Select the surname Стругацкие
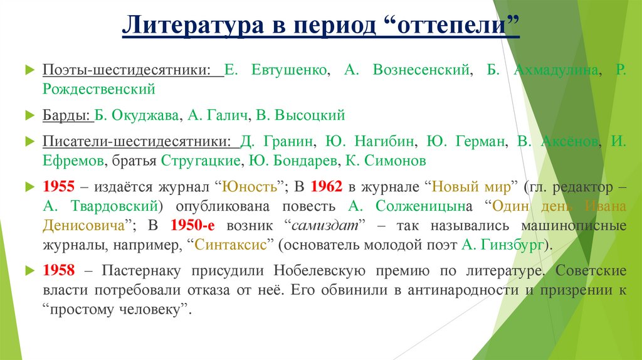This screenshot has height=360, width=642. tap(201, 161)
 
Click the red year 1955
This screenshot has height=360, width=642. tap(59, 187)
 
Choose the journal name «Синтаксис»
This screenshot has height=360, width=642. tap(231, 243)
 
